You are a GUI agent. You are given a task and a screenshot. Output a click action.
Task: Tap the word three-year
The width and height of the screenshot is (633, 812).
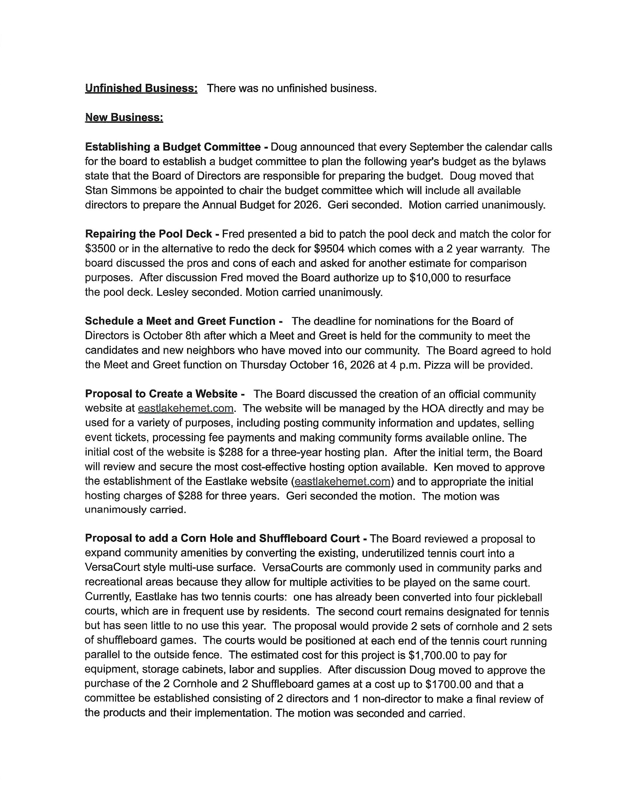[x=297, y=453]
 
